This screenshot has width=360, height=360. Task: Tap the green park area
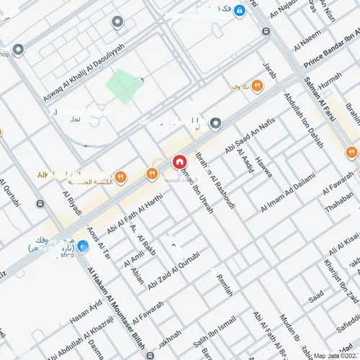click(124, 86)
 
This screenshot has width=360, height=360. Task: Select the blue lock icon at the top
click(240, 11)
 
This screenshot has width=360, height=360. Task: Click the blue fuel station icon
click(83, 246)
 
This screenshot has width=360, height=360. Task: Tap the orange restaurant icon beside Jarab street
click(257, 86)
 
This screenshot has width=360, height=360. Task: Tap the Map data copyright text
click(335, 355)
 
